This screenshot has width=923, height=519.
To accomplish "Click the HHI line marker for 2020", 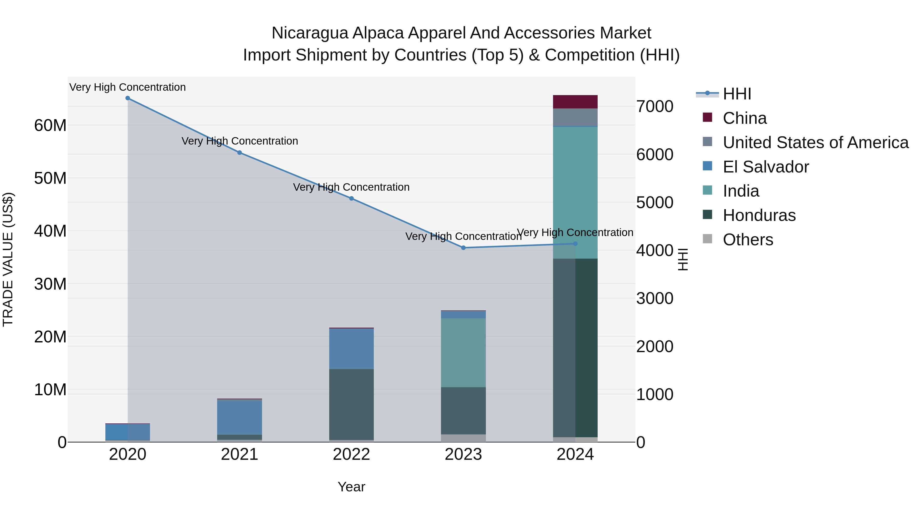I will click(x=128, y=98).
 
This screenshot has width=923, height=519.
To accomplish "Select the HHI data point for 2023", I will click(x=463, y=248).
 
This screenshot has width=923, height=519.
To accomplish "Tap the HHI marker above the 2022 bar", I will click(x=352, y=198).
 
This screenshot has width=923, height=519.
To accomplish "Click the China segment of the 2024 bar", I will click(x=575, y=102).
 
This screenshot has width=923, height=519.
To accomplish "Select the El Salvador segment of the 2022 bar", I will click(x=352, y=349).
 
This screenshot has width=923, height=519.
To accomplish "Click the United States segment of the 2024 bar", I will click(x=575, y=117).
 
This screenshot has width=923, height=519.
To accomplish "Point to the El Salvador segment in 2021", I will click(x=240, y=417).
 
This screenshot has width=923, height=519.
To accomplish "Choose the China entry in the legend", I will click(x=744, y=118).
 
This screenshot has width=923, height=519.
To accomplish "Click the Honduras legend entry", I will click(x=759, y=215).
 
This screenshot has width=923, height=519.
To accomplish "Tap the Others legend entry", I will click(x=748, y=240).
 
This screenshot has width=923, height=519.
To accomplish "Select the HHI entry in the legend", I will click(x=737, y=94).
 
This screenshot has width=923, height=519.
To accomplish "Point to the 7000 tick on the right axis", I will click(x=655, y=107).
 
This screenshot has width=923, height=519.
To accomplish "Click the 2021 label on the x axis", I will click(x=240, y=454).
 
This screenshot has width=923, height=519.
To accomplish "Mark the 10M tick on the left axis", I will click(x=50, y=390).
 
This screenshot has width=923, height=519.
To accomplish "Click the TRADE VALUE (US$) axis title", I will click(x=8, y=259).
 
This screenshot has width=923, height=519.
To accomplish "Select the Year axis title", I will click(x=351, y=487).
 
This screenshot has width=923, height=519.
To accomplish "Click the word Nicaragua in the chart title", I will click(x=309, y=33).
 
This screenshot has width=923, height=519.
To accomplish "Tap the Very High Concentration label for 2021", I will click(x=240, y=141).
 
